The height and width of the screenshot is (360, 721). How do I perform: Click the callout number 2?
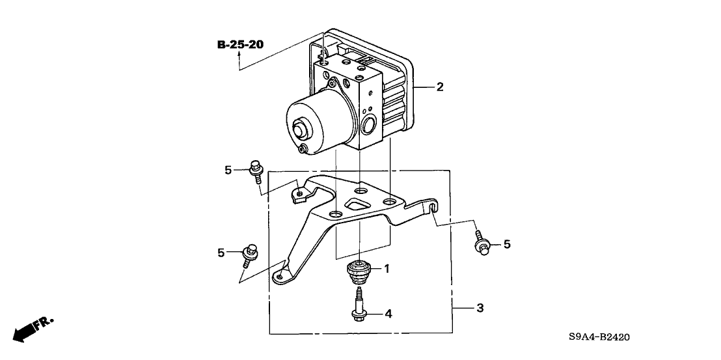point(440,87)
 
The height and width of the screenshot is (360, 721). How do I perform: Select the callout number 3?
point(480,308)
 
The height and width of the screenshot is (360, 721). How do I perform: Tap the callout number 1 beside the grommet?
point(387,269)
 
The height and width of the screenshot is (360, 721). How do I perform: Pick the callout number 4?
point(388,314)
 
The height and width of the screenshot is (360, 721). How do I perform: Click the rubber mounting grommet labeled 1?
point(359,273)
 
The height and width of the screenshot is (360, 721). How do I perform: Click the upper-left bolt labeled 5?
point(256,172)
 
